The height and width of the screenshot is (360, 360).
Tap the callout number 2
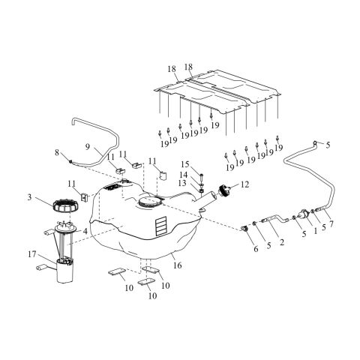281,242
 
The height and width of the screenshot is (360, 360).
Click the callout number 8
56,152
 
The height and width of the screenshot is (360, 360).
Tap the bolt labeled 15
202,181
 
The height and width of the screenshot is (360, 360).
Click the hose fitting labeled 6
244,228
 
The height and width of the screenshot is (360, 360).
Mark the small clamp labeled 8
68,160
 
